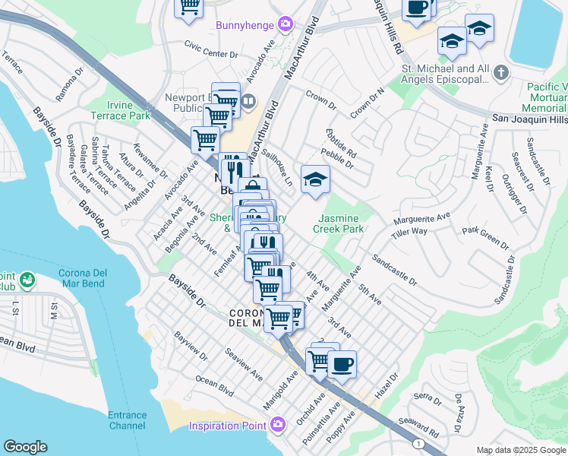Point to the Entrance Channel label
click(127, 420)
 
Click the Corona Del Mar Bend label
click(90, 278)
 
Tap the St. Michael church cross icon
click(500, 74)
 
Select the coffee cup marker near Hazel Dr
click(342, 365)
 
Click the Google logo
click(25, 447)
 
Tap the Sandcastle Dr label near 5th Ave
click(394, 270)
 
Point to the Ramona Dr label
click(68, 88)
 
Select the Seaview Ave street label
click(245, 365)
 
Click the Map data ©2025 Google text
click(521, 450)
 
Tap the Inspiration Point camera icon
click(278, 424)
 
